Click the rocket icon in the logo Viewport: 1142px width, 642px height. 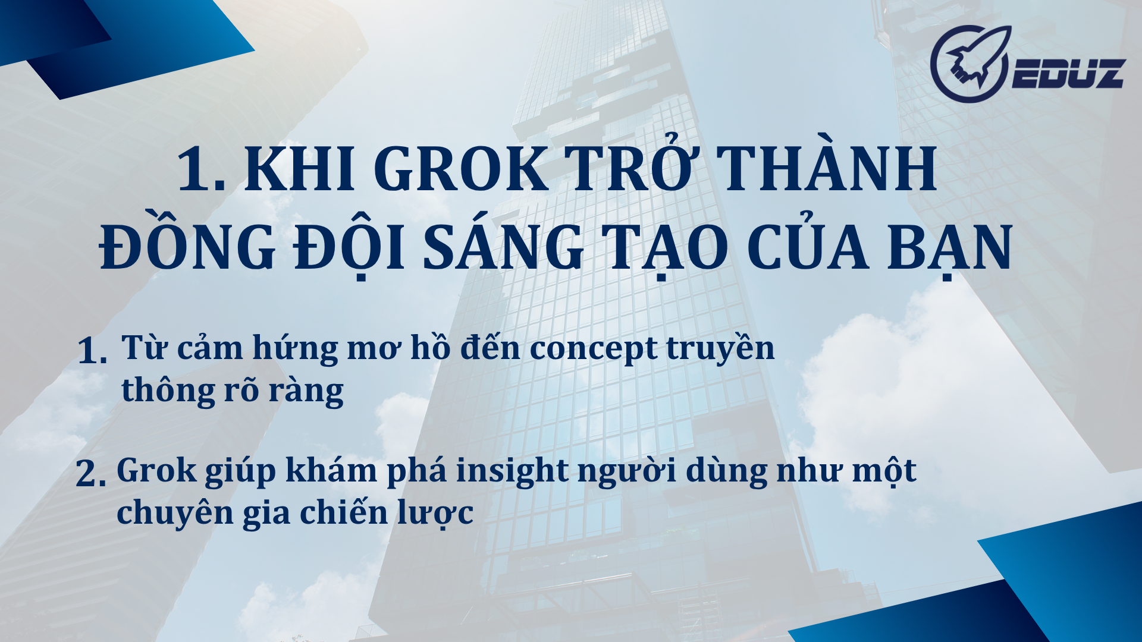coord(970,63)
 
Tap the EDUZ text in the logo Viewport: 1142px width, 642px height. coord(1068,74)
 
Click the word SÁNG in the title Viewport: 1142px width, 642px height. coord(503,248)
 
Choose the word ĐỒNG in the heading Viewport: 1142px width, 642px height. coord(187,248)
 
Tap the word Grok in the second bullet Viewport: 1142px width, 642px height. coord(156,471)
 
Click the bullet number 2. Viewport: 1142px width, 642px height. coord(90,474)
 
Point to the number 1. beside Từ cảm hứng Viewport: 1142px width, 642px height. coord(92,351)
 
